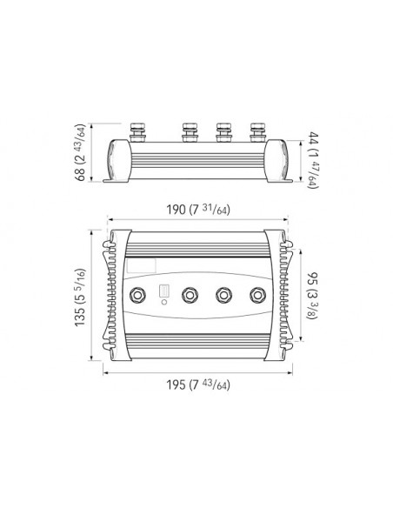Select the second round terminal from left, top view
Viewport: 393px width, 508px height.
[189, 296]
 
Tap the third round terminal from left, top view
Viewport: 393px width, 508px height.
[223, 296]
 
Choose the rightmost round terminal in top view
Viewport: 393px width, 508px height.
[257, 296]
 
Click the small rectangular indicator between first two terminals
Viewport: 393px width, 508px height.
[163, 292]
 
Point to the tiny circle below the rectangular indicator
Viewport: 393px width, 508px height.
[163, 306]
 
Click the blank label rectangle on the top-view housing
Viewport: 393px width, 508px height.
[141, 263]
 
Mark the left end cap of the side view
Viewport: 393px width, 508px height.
[117, 159]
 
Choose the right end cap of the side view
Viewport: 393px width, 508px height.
[277, 159]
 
